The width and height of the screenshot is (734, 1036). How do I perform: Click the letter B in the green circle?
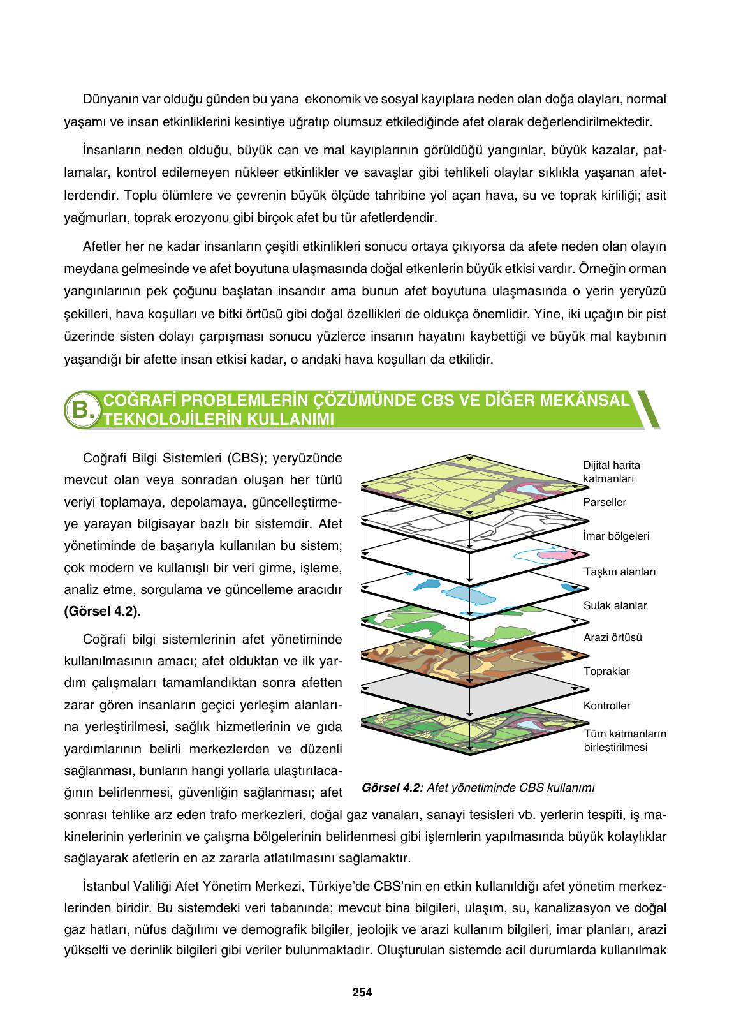(x=82, y=409)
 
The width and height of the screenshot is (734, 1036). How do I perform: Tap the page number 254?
(x=362, y=992)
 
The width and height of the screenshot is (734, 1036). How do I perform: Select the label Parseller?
(x=605, y=502)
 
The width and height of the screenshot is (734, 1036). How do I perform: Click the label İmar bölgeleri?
(x=616, y=536)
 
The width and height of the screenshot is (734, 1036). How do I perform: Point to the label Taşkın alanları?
(x=620, y=572)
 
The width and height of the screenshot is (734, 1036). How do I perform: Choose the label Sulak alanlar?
(x=615, y=605)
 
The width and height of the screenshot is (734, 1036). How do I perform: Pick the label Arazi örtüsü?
(x=612, y=637)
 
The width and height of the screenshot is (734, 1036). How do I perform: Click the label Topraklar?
(x=606, y=671)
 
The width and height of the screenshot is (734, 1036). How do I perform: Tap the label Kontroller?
(x=606, y=706)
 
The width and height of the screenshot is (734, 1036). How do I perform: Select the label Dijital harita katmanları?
(x=612, y=471)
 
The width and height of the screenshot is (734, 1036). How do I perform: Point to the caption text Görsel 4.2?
(x=392, y=787)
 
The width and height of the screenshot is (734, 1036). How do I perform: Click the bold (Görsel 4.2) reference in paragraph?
(x=101, y=610)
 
